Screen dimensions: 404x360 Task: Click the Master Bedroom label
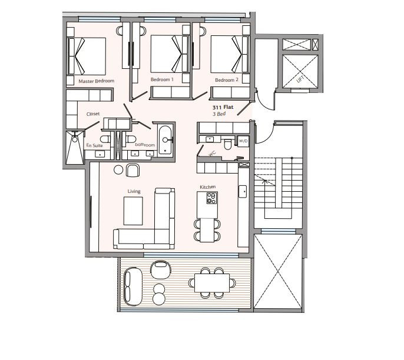97,81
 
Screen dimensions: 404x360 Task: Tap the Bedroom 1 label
162,79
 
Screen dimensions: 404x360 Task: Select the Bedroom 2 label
227,80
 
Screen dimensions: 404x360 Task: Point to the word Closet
93,114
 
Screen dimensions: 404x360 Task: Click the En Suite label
95,145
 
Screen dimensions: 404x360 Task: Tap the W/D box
243,141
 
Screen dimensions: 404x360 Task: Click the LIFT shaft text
301,79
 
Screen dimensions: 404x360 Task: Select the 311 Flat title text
223,107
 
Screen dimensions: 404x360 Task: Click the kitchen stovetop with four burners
211,198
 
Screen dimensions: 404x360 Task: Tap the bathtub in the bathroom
165,140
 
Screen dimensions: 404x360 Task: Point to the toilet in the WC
228,144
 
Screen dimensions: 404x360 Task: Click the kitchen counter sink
243,191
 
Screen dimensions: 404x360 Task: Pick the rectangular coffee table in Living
133,211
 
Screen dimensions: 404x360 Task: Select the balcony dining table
212,283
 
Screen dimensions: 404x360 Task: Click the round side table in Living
118,170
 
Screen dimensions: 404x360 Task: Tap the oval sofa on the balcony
133,286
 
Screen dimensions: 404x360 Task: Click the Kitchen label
208,187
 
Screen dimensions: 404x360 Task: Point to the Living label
134,191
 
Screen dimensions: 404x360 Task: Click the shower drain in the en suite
75,139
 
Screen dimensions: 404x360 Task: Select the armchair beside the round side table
133,171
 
